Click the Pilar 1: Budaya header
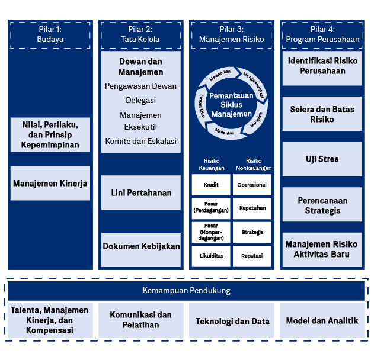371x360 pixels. point(50,34)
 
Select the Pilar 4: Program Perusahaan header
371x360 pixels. point(322,34)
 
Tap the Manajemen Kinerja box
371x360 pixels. point(50,184)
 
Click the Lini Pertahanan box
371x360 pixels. point(141,192)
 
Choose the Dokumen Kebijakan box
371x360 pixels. point(141,246)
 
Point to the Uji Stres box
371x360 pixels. point(322,159)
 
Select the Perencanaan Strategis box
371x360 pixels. point(322,205)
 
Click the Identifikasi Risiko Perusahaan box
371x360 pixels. point(322,66)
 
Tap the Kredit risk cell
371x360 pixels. point(211,185)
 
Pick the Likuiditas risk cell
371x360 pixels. point(211,256)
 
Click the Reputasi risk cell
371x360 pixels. point(252,256)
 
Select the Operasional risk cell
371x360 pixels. point(252,185)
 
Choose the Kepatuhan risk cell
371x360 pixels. point(252,208)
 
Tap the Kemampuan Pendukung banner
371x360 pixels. point(186,291)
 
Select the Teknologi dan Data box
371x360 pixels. point(232,322)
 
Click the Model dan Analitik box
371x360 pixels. point(322,321)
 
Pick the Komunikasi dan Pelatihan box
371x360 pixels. point(141,320)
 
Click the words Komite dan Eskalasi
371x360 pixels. point(140,142)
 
